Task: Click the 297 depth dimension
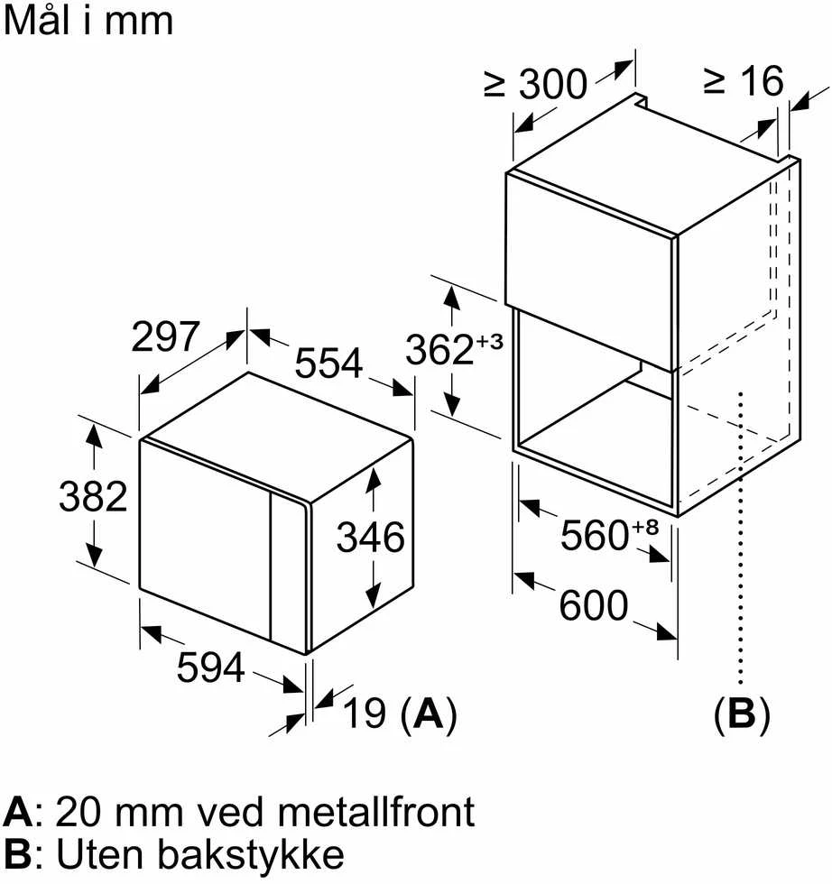[165, 337]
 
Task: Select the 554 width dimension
[328, 363]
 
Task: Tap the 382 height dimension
[93, 497]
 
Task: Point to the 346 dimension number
[371, 537]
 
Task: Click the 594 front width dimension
[211, 667]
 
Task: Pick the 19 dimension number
[365, 713]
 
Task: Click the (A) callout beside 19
[429, 714]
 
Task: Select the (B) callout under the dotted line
[742, 714]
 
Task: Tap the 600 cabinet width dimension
[594, 605]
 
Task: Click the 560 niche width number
[595, 535]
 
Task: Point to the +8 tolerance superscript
[644, 527]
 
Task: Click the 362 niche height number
[439, 350]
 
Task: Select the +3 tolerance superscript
[489, 342]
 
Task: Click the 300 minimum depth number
[553, 85]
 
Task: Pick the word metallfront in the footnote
[376, 812]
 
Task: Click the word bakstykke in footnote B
[251, 855]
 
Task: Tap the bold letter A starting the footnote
[17, 813]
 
